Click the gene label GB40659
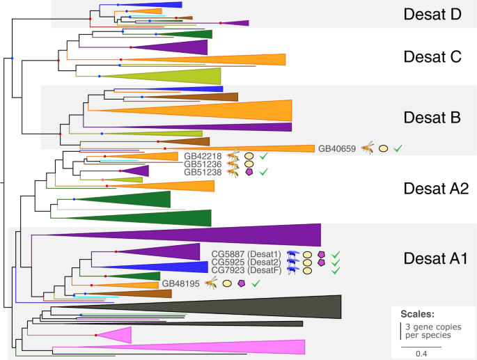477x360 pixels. [337, 148]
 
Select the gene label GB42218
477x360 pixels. [202, 156]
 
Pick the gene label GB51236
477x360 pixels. [202, 164]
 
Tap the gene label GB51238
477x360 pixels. [202, 172]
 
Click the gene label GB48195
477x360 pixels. [181, 283]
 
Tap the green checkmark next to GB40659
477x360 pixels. [398, 148]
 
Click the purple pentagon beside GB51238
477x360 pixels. [249, 173]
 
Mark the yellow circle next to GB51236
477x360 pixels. [249, 164]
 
